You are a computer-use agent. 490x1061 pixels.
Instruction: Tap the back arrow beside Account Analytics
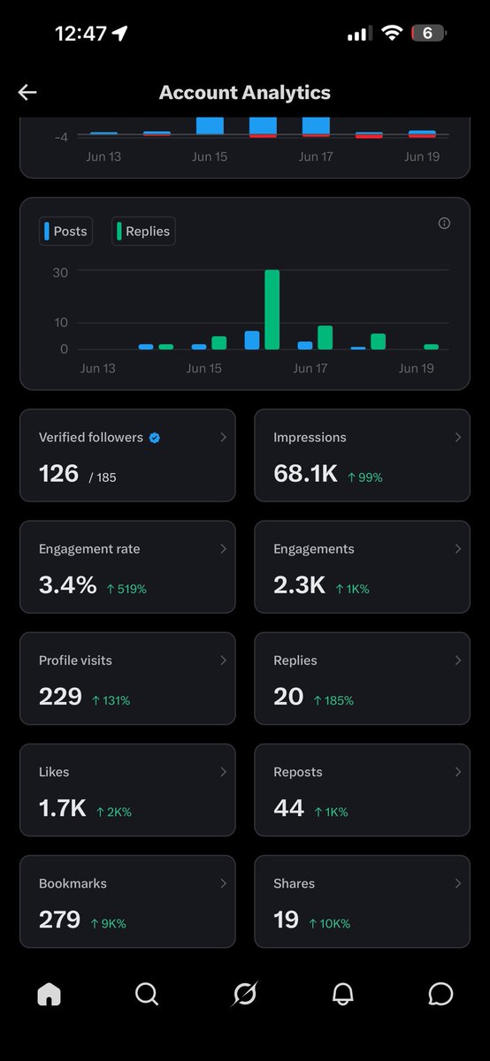[27, 92]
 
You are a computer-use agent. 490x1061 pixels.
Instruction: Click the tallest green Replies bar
[272, 309]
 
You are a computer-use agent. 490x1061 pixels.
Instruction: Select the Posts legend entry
[65, 231]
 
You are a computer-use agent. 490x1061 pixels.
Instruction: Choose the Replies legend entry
[143, 231]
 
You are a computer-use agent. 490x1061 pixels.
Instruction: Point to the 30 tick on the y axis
[60, 273]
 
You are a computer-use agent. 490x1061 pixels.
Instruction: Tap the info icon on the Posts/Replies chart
[444, 223]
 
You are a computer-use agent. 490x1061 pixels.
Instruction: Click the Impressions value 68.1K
[306, 474]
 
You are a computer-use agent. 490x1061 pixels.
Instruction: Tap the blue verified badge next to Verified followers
[155, 438]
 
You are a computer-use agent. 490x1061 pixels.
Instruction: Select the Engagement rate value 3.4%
[68, 585]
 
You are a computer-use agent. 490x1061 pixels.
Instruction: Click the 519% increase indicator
[126, 589]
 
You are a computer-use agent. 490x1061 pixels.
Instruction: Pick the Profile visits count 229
[60, 697]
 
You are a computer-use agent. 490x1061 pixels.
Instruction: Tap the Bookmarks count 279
[60, 920]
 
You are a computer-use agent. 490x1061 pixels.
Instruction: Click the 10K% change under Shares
[330, 924]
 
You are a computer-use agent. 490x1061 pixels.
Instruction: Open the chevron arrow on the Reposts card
[458, 772]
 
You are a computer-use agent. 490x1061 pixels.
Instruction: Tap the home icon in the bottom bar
[50, 994]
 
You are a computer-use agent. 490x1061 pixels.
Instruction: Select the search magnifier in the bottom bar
[147, 994]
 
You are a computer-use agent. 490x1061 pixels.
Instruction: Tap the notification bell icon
[342, 994]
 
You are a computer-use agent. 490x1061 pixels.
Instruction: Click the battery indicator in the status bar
[429, 34]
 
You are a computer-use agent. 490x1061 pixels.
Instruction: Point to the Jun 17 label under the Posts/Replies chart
[310, 368]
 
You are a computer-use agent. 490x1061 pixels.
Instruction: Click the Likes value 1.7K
[63, 808]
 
